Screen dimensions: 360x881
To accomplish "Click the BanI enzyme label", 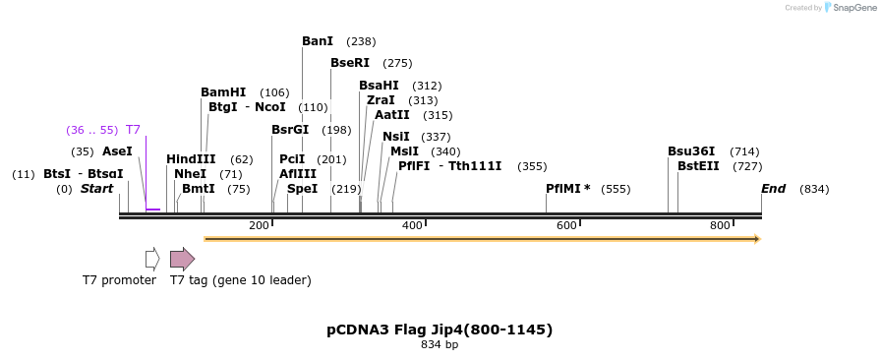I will [x=318, y=41].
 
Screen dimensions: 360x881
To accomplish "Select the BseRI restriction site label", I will [x=350, y=63].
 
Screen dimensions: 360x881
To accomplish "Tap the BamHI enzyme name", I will [x=223, y=92].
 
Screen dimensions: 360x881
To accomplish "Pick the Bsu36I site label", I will [x=691, y=151].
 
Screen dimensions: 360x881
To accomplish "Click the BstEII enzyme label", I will [x=698, y=166].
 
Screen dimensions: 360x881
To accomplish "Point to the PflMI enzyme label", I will [x=567, y=189].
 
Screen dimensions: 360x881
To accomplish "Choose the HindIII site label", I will [x=191, y=159].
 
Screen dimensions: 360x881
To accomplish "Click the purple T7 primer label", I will [x=133, y=130].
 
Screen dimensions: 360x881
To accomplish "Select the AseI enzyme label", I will [x=117, y=151].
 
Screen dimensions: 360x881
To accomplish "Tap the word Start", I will [x=97, y=189].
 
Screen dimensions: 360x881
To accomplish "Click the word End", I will [x=773, y=189].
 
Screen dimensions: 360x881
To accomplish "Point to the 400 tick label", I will [x=412, y=226].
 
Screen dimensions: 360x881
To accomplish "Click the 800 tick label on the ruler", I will [x=720, y=226].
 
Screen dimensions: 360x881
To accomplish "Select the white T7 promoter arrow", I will [x=152, y=259].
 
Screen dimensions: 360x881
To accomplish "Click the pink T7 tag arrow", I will [x=182, y=259].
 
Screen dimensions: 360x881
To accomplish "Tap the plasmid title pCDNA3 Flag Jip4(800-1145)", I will [x=440, y=330].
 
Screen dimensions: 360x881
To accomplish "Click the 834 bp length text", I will [x=440, y=345].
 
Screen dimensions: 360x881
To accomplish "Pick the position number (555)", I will [x=616, y=189].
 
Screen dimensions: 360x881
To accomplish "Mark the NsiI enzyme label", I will [x=396, y=137].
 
